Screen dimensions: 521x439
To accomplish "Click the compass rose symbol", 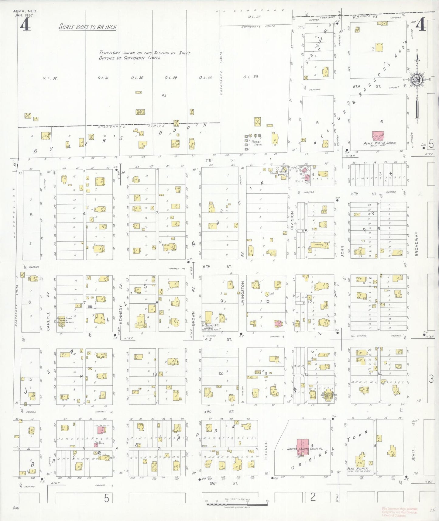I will tap(417, 80).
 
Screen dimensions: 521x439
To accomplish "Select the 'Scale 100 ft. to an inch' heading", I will tap(87, 27).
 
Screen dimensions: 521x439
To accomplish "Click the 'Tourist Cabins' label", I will tap(257, 143).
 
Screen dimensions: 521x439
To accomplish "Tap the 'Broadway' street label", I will tap(417, 244).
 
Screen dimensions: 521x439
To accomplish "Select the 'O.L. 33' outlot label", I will tap(251, 77).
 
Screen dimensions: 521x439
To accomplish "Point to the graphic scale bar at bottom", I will tap(237, 504).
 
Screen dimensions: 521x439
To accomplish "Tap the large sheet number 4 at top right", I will tap(420, 25).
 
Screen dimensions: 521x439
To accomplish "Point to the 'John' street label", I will tap(342, 251).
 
